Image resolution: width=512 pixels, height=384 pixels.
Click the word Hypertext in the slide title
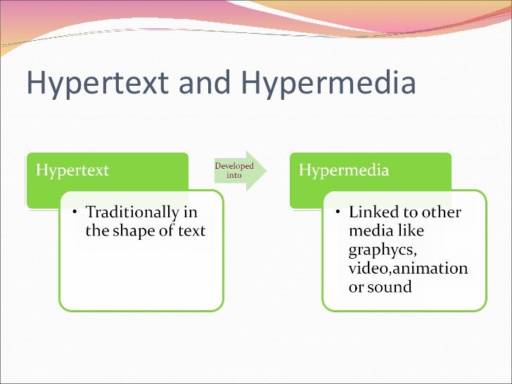pyautogui.click(x=96, y=84)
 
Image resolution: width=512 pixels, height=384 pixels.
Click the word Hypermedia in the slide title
pyautogui.click(x=328, y=84)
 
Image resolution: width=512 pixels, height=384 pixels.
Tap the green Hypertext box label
pyautogui.click(x=72, y=171)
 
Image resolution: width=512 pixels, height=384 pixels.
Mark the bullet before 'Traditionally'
pyautogui.click(x=75, y=212)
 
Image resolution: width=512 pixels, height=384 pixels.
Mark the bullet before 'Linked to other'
pyautogui.click(x=338, y=212)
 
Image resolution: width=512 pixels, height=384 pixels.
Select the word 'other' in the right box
pyautogui.click(x=441, y=212)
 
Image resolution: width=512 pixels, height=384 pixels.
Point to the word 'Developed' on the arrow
pyautogui.click(x=234, y=166)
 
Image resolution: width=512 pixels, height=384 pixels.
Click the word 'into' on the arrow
pyautogui.click(x=234, y=176)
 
